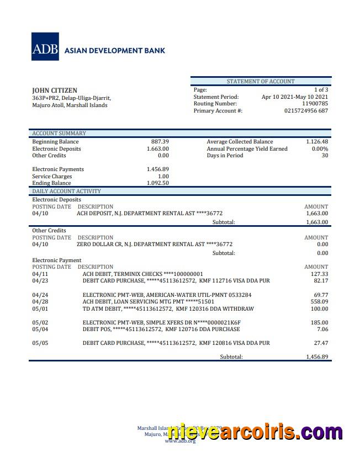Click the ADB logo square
coord(46,47)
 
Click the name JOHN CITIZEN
coord(55,91)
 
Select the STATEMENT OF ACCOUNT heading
coord(261,81)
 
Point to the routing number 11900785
coord(315,104)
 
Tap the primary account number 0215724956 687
coord(306,111)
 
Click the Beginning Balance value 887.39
coord(160,142)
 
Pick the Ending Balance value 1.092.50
coord(157,183)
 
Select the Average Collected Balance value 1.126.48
coord(317,142)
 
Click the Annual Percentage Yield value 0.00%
coord(320,149)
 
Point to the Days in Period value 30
coord(325,156)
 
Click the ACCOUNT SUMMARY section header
coord(59,134)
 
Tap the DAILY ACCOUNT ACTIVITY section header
coord(66,191)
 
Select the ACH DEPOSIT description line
coord(150,214)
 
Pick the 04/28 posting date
coord(40,302)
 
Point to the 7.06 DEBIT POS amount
coord(322,329)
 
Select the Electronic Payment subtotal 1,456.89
coord(317,357)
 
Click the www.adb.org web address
coord(180,441)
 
